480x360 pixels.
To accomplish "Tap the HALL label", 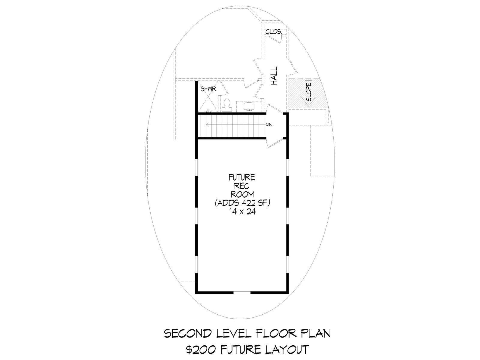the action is pyautogui.click(x=274, y=76).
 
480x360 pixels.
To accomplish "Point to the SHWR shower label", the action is pyautogui.click(x=208, y=89).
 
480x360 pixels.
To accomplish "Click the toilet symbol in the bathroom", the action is pyautogui.click(x=227, y=105).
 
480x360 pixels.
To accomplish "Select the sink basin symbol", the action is pyautogui.click(x=249, y=106).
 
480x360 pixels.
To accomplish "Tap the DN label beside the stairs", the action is pyautogui.click(x=269, y=124).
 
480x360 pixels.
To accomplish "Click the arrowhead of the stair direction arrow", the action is pyautogui.click(x=207, y=125).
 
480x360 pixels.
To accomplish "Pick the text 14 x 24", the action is pyautogui.click(x=242, y=211).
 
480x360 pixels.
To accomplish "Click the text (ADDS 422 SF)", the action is pyautogui.click(x=242, y=203).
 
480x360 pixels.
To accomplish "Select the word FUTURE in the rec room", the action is pyautogui.click(x=242, y=177).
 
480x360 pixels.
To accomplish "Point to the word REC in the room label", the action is pyautogui.click(x=242, y=186).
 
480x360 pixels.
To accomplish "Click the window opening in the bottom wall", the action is pyautogui.click(x=242, y=292).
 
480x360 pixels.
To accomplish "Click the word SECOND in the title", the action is pyautogui.click(x=188, y=334).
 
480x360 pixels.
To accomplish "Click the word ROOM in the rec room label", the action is pyautogui.click(x=242, y=194).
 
